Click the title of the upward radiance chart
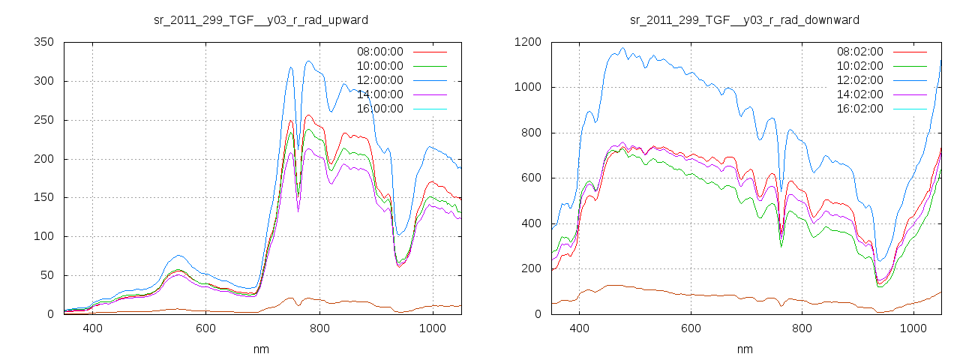(x=260, y=19)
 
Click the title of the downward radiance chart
(x=745, y=19)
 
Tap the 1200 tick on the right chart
(x=528, y=43)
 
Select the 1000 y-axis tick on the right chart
(x=528, y=88)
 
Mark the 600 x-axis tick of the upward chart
(x=206, y=328)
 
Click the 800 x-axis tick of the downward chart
(x=802, y=328)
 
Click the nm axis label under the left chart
(x=262, y=349)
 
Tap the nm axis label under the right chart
(x=745, y=349)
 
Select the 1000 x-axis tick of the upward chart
(x=433, y=328)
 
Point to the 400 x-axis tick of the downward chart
(x=579, y=328)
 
